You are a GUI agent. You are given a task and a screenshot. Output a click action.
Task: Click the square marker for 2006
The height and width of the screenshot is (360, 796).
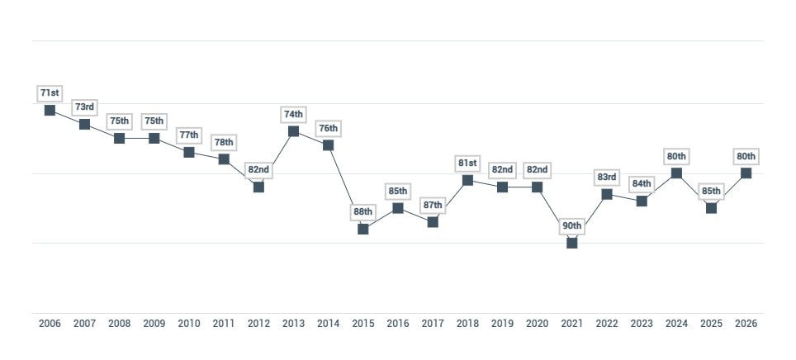[x=50, y=110]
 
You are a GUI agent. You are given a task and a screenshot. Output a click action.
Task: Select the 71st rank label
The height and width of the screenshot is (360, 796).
[x=50, y=93]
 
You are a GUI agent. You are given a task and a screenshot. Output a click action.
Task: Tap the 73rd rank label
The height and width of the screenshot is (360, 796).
[x=84, y=107]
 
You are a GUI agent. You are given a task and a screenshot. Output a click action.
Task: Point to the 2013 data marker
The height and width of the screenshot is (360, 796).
[x=293, y=130]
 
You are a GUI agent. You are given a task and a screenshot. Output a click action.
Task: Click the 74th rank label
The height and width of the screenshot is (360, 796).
[x=293, y=114]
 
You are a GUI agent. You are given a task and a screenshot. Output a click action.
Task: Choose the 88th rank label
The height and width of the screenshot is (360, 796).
[x=362, y=211]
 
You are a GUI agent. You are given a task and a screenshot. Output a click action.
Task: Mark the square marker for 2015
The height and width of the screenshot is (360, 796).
[x=362, y=229]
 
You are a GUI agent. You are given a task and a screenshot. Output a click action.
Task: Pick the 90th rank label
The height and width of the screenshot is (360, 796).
[x=571, y=225]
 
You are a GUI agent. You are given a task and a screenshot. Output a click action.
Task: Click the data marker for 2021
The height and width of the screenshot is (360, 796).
[x=571, y=243]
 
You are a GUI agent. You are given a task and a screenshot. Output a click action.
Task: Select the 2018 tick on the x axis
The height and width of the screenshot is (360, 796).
[x=467, y=324]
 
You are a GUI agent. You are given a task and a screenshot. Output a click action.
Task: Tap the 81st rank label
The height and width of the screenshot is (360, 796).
[x=467, y=163]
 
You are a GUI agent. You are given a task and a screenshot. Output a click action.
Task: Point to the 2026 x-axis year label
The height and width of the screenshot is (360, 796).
[x=746, y=324]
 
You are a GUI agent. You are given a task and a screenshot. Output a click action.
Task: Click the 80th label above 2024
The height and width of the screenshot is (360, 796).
[x=676, y=156]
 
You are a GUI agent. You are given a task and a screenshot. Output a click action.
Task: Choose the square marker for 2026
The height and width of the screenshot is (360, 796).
[x=746, y=173]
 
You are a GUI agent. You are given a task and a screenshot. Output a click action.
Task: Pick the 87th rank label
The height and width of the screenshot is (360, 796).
[x=433, y=205]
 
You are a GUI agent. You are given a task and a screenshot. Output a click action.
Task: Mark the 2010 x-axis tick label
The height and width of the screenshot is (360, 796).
[x=189, y=324]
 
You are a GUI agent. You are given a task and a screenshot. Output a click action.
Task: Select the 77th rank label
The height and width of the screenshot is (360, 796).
[x=189, y=135]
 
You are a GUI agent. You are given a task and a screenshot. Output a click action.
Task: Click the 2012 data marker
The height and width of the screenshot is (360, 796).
[x=258, y=187]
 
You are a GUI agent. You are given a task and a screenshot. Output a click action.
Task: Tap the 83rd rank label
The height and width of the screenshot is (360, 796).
[x=607, y=178]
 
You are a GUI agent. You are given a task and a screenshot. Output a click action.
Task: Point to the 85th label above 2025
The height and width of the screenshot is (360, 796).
[x=711, y=192]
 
